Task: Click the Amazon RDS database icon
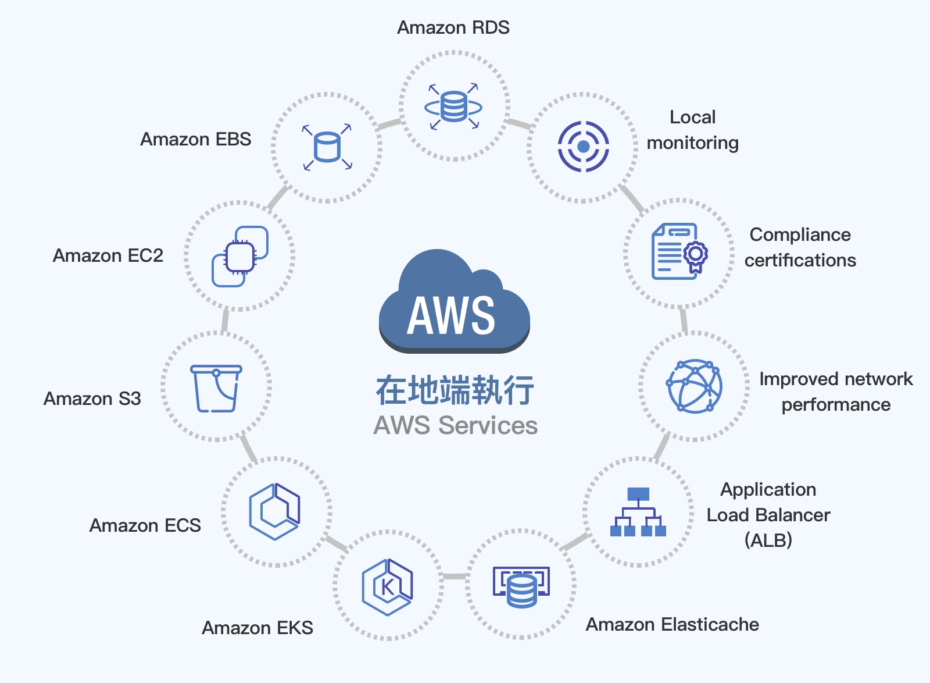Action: pos(453,107)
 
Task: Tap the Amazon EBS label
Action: pos(196,140)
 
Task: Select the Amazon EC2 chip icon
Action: pos(240,257)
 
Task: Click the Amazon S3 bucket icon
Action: pos(216,388)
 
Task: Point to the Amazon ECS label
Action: pos(145,526)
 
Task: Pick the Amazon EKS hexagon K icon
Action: pos(387,587)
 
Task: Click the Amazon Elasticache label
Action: pos(672,625)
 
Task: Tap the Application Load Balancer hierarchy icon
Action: pos(638,512)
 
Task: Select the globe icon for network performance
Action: pos(694,386)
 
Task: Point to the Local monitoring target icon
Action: pos(583,147)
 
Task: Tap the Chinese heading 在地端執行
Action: pos(455,390)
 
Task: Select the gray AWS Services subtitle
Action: pos(455,425)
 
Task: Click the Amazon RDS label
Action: pos(453,28)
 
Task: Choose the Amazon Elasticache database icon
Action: pos(521,587)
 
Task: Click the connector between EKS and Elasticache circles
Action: pos(455,576)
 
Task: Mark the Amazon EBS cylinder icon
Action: pos(327,147)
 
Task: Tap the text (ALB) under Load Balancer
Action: pos(768,540)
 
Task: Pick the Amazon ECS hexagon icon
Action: pos(275,511)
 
